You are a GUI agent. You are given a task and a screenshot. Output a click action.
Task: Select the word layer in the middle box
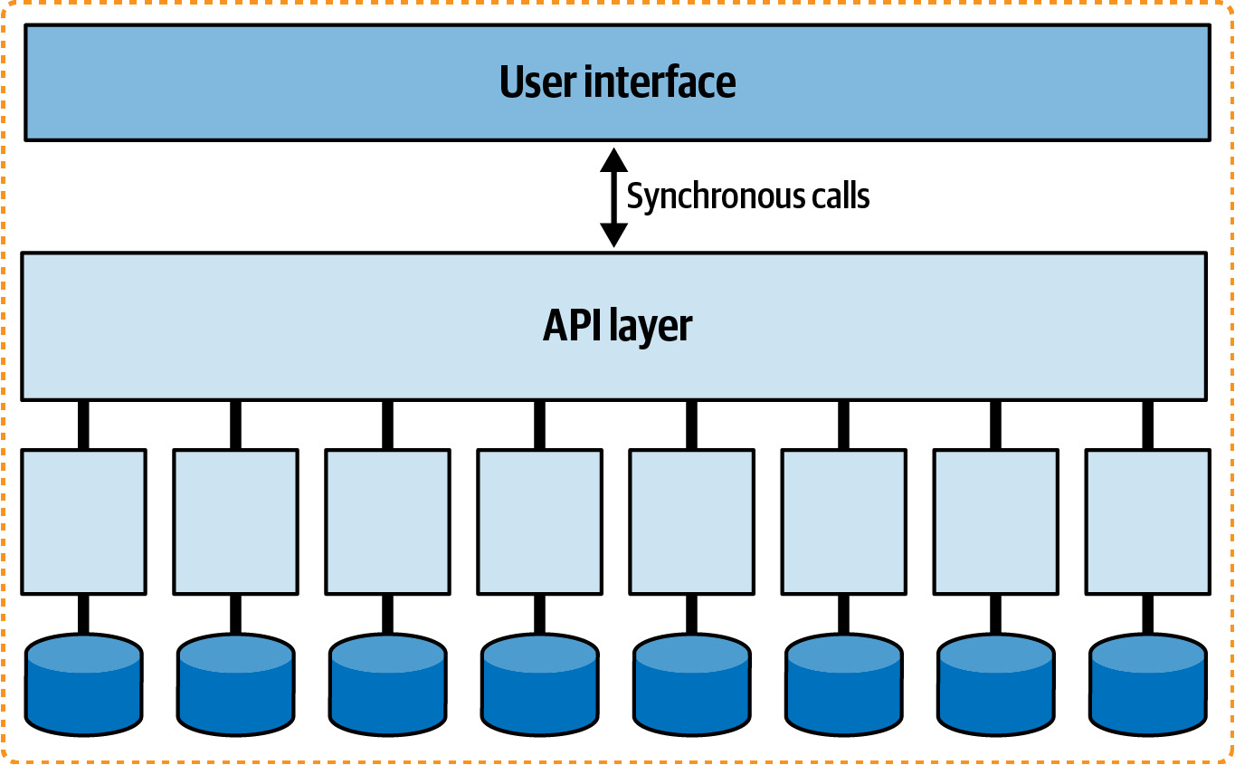click(651, 328)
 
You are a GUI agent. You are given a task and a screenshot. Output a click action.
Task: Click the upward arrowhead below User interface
click(613, 160)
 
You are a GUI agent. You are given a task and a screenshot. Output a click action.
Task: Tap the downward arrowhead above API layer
click(613, 235)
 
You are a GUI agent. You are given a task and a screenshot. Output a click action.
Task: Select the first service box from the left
click(84, 521)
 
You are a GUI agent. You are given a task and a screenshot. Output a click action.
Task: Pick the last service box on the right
click(1148, 521)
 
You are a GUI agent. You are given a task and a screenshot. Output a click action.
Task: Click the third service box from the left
click(387, 521)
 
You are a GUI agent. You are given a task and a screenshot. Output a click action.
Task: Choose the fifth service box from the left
click(692, 521)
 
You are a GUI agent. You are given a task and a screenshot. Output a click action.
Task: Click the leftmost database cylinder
click(84, 684)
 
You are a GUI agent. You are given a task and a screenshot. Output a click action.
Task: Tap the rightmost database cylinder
click(1148, 684)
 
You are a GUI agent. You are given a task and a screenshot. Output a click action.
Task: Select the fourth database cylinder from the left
click(540, 684)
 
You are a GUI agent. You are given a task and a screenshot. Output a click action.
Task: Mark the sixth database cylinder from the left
click(843, 684)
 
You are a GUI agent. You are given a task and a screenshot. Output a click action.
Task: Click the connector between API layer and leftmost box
click(83, 425)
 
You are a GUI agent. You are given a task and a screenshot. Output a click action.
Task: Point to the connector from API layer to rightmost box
click(1148, 425)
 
